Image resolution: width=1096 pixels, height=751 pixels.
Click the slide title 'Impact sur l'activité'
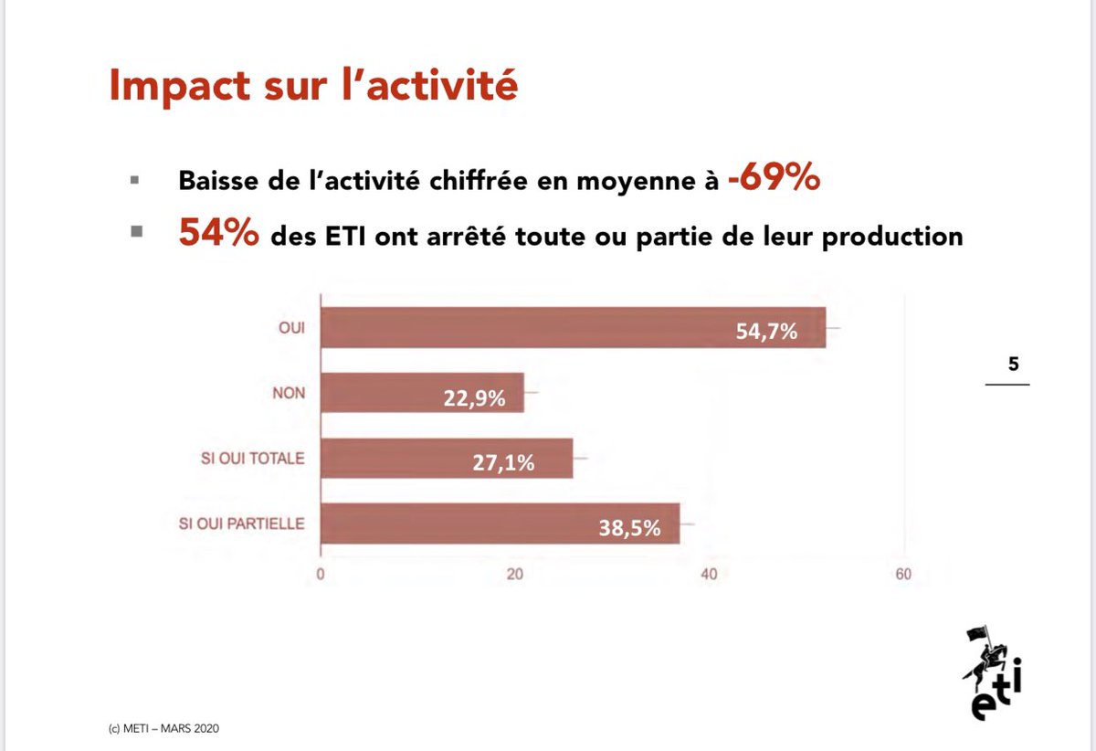pyautogui.click(x=313, y=85)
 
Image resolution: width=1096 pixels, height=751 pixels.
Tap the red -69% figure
pyautogui.click(x=774, y=180)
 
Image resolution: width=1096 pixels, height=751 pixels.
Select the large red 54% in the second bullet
pyautogui.click(x=218, y=235)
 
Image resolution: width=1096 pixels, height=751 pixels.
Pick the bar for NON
pyautogui.click(x=422, y=393)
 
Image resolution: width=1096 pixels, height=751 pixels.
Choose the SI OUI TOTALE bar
pyautogui.click(x=447, y=459)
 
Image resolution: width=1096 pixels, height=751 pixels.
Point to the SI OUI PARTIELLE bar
pyautogui.click(x=500, y=524)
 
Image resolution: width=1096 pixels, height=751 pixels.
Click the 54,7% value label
pyautogui.click(x=766, y=332)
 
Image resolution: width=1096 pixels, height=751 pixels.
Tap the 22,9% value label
pyautogui.click(x=475, y=398)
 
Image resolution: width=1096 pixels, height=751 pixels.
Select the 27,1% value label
pyautogui.click(x=504, y=463)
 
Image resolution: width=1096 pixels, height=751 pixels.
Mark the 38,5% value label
pyautogui.click(x=629, y=528)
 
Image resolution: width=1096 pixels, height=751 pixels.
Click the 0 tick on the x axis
pyautogui.click(x=321, y=575)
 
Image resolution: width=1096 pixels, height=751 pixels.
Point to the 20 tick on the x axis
pyautogui.click(x=515, y=575)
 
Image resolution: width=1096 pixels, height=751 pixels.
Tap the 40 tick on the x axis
pyautogui.click(x=709, y=575)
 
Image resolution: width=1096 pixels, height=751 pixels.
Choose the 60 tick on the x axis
pyautogui.click(x=903, y=575)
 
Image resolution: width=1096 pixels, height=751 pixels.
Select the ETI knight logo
pyautogui.click(x=990, y=672)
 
